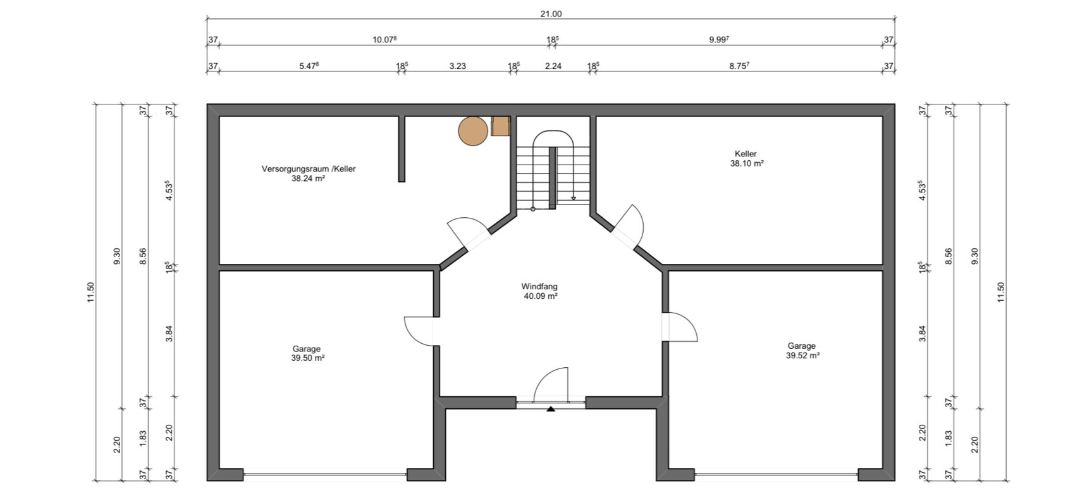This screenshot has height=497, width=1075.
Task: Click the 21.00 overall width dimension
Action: tap(550, 14)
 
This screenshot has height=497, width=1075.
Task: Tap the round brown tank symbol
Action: tap(473, 131)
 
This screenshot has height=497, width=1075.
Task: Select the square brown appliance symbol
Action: tap(501, 127)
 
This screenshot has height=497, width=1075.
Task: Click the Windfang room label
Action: tap(539, 286)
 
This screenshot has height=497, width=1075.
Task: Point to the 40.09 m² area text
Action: tap(541, 296)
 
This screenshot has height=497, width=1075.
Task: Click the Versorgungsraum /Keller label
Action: tap(309, 168)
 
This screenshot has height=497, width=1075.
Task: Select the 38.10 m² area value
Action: tap(747, 163)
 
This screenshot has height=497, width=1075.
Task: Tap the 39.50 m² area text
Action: tap(307, 358)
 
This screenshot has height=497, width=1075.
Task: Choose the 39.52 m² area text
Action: tap(802, 356)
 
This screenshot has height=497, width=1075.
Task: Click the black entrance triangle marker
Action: tap(551, 409)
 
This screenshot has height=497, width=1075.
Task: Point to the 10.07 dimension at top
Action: tap(384, 40)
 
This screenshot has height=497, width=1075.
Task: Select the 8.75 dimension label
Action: tap(739, 66)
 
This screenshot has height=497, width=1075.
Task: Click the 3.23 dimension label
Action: tap(457, 66)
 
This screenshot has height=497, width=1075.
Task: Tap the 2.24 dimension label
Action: tap(553, 66)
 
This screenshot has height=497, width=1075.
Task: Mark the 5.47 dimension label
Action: tap(309, 66)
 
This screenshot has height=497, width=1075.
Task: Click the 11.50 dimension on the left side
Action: tap(91, 293)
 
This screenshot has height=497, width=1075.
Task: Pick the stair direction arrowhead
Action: tap(573, 198)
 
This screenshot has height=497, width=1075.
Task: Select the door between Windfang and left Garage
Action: tap(419, 331)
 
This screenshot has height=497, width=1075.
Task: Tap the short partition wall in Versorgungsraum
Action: tap(402, 149)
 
